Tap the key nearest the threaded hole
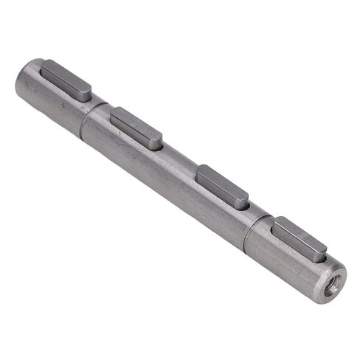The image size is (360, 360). tap(299, 238)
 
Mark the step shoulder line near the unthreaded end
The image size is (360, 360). tap(83, 122)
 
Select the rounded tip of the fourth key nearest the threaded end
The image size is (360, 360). tap(322, 251)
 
